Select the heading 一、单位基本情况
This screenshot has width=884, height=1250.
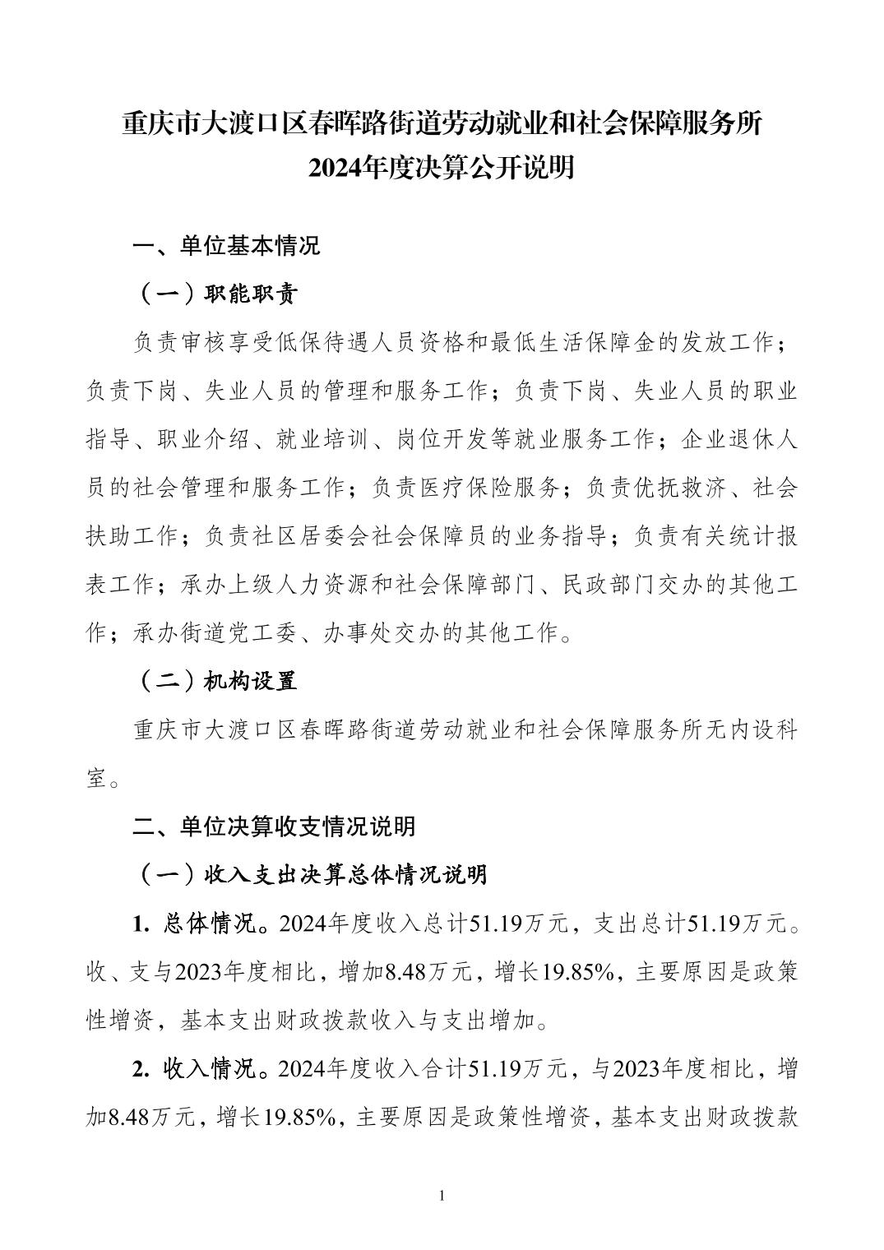tap(227, 246)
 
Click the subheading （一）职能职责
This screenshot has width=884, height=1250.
tap(215, 294)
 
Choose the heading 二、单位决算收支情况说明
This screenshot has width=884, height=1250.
tap(275, 826)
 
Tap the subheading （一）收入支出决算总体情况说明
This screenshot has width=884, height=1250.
tap(311, 874)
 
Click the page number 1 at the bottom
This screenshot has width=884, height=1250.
tap(442, 1195)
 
